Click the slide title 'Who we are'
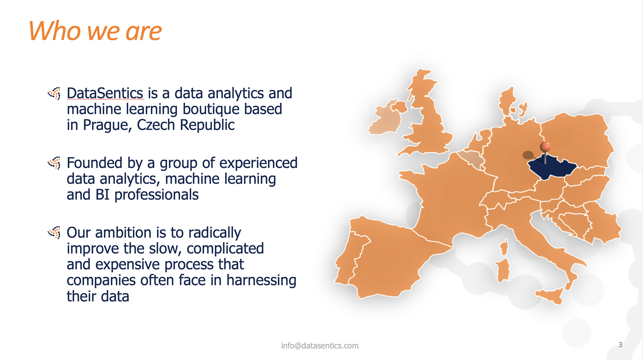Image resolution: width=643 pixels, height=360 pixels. point(95,31)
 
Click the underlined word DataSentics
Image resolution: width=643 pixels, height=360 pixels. point(105,93)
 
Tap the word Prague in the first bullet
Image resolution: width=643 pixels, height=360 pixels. point(105,125)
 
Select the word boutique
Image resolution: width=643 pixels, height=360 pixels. point(211,109)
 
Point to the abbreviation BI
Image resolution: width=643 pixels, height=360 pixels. point(102,195)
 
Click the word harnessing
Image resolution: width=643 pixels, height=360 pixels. point(261,280)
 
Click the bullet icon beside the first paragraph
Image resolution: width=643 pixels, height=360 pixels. point(54,93)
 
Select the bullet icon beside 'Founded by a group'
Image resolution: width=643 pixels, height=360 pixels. point(54,163)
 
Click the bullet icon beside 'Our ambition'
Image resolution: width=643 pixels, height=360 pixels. point(54,233)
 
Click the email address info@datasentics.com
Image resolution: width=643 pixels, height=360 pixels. point(320,346)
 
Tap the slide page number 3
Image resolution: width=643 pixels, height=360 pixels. point(620,345)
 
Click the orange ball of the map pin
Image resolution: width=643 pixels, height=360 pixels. point(545,147)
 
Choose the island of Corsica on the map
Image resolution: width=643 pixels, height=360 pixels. point(504,247)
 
